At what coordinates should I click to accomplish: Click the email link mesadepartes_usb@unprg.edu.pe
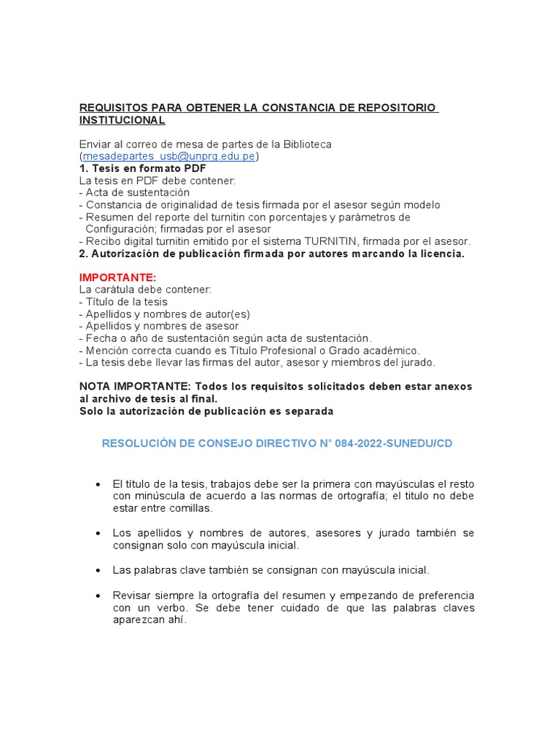169,156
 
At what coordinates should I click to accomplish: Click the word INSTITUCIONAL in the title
122,120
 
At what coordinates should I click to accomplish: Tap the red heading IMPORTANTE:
118,277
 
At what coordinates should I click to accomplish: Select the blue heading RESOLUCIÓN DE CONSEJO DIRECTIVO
205,443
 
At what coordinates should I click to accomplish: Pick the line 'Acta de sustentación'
137,193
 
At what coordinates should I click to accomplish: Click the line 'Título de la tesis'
126,302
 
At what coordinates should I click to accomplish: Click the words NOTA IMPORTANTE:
135,387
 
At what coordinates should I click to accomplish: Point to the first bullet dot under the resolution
97,483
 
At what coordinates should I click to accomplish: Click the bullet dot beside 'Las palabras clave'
97,570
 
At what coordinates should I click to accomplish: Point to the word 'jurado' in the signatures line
418,362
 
